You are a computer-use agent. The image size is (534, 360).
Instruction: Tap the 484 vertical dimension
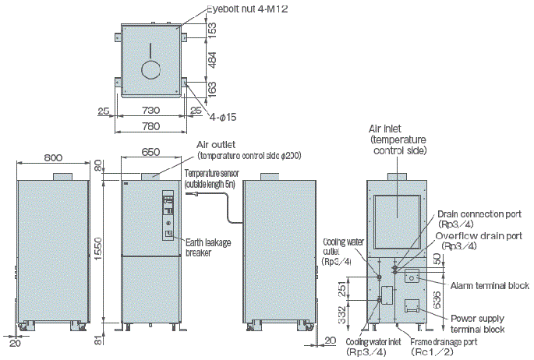tap(213, 59)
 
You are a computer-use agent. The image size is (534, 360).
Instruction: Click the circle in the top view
tap(150, 69)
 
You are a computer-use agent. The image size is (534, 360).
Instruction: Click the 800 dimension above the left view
tap(53, 157)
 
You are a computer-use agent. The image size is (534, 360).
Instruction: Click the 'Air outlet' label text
tap(217, 144)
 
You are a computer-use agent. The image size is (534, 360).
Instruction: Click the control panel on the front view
tap(169, 215)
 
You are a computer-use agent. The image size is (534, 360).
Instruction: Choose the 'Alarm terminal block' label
tap(489, 286)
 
